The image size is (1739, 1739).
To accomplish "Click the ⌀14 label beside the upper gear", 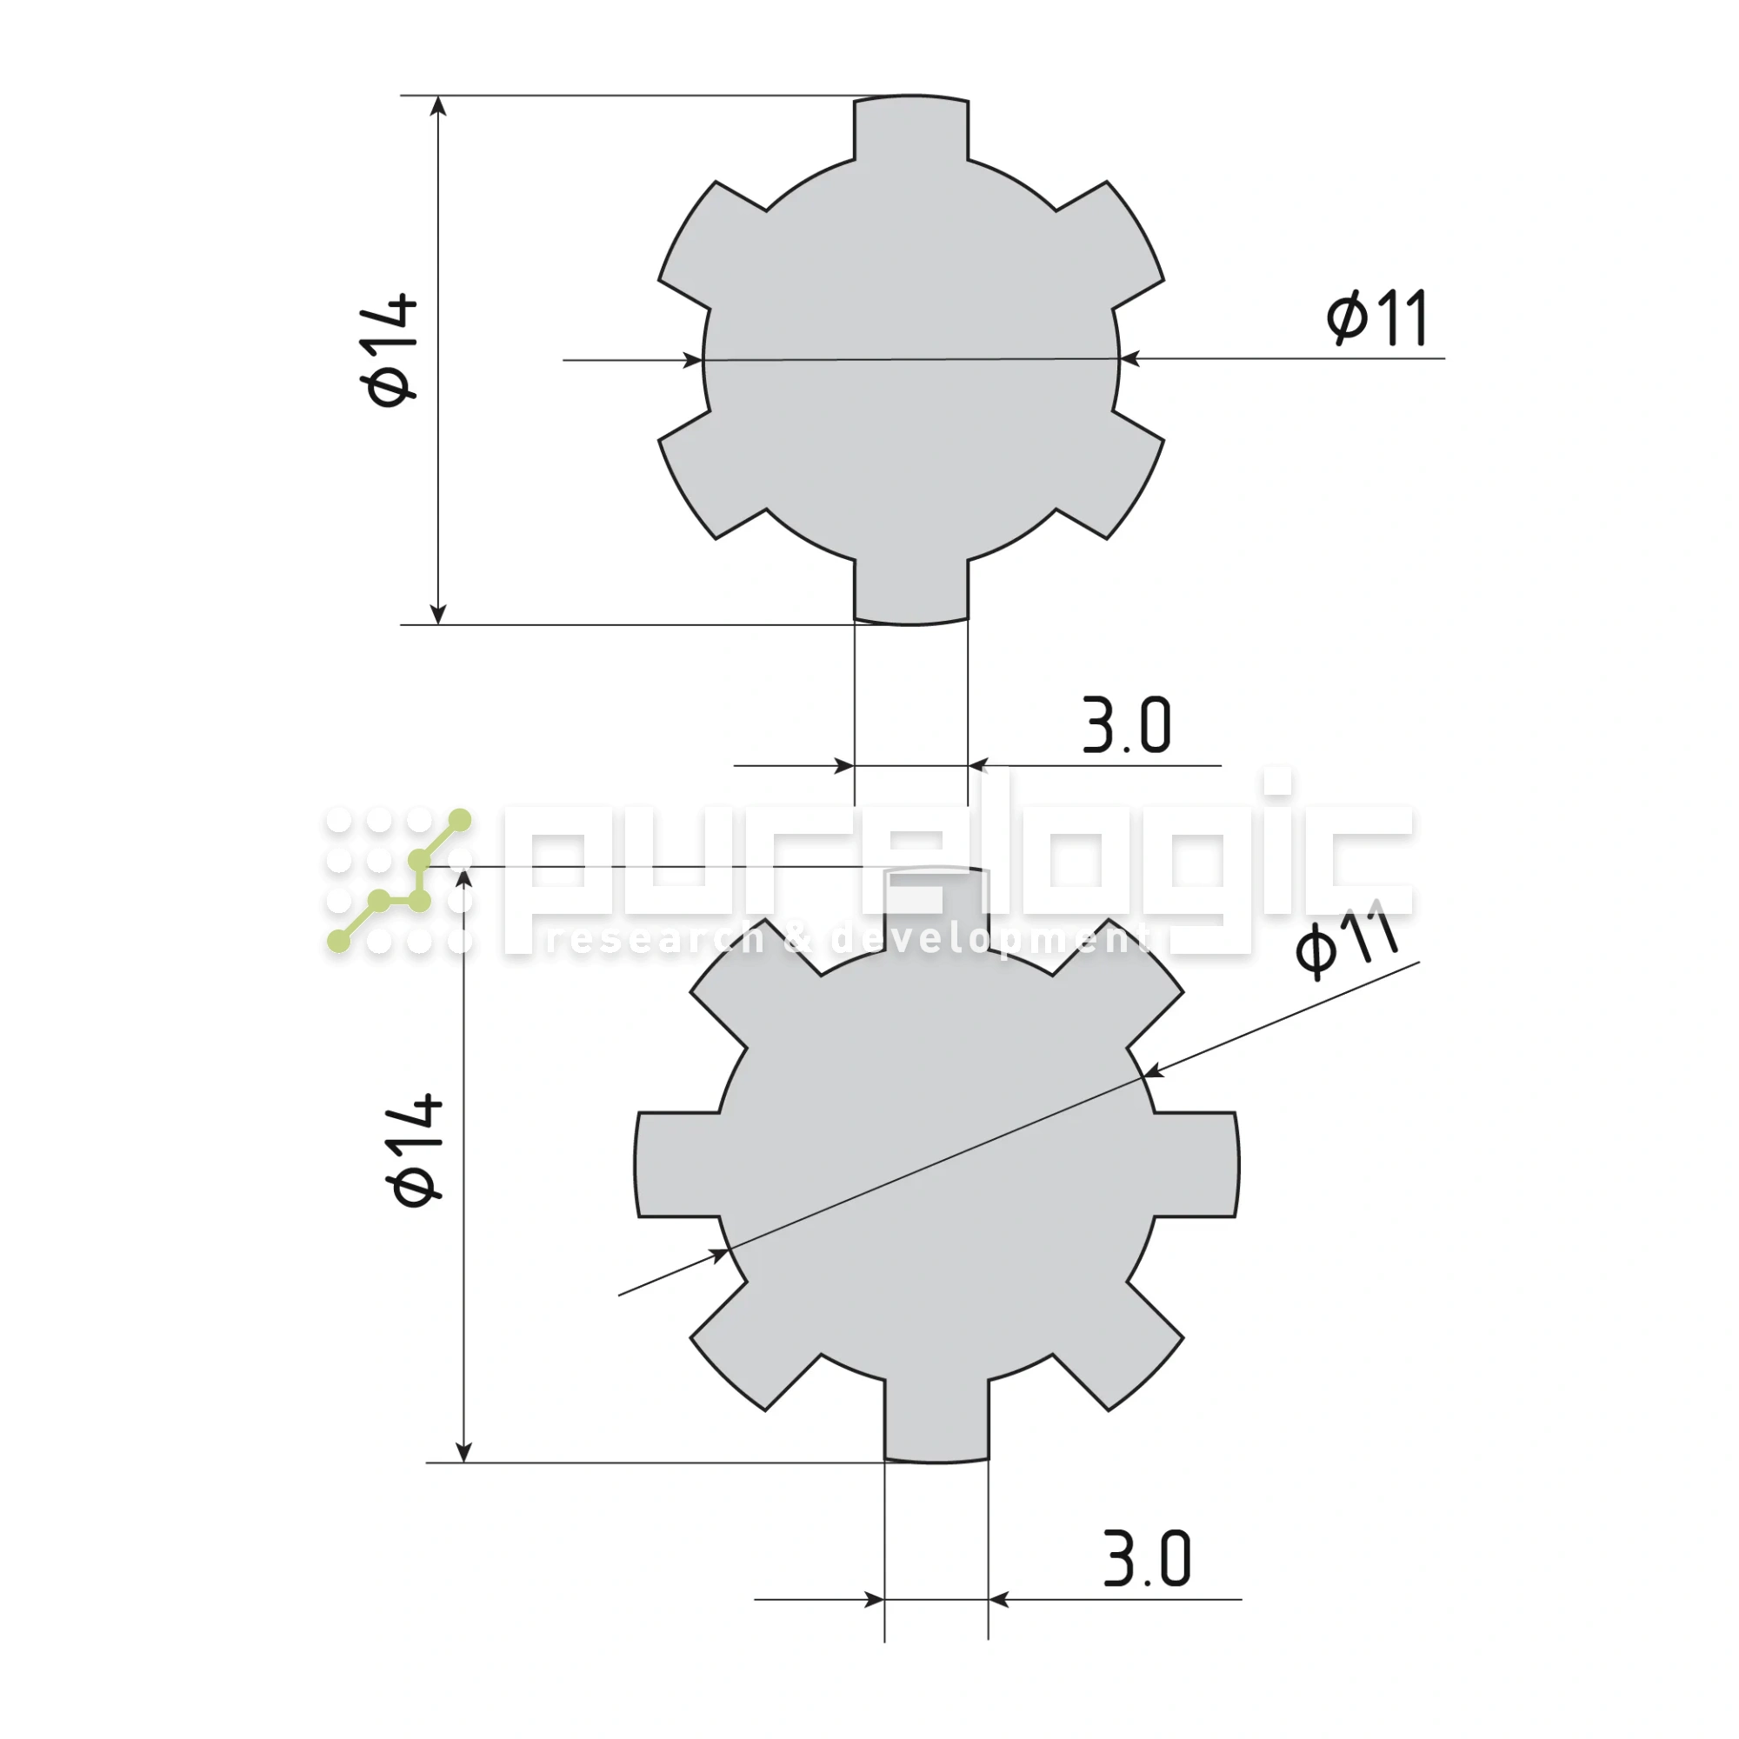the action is tap(390, 350).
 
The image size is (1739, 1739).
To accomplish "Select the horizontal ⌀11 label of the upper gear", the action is tap(1377, 317).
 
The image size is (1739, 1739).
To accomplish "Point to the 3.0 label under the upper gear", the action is tap(1126, 724).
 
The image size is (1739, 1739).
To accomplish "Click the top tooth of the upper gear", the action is tap(911, 128).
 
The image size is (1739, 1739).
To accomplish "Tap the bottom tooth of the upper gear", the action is tap(911, 591).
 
